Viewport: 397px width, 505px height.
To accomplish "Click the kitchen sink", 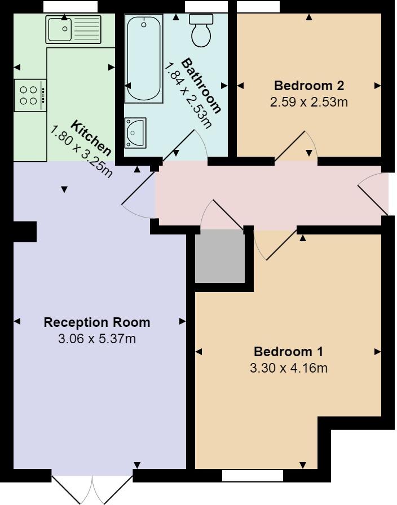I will tap(73, 29).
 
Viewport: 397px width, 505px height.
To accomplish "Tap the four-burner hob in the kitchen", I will tap(30, 95).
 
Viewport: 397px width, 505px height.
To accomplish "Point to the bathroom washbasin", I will tap(135, 132).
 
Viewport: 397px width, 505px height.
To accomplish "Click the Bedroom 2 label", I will tap(308, 86).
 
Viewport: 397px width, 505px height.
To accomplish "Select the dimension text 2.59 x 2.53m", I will tap(308, 102).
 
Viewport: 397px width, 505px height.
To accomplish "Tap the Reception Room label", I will tap(97, 322).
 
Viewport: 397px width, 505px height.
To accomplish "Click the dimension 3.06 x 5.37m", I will tap(97, 339).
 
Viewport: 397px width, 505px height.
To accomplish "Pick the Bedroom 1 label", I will tap(288, 352).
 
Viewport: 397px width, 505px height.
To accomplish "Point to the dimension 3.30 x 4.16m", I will tap(288, 368).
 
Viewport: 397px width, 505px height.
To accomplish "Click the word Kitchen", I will tap(91, 137).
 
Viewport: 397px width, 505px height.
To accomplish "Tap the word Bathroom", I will tap(201, 85).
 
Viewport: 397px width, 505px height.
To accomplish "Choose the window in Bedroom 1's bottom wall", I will tap(252, 476).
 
